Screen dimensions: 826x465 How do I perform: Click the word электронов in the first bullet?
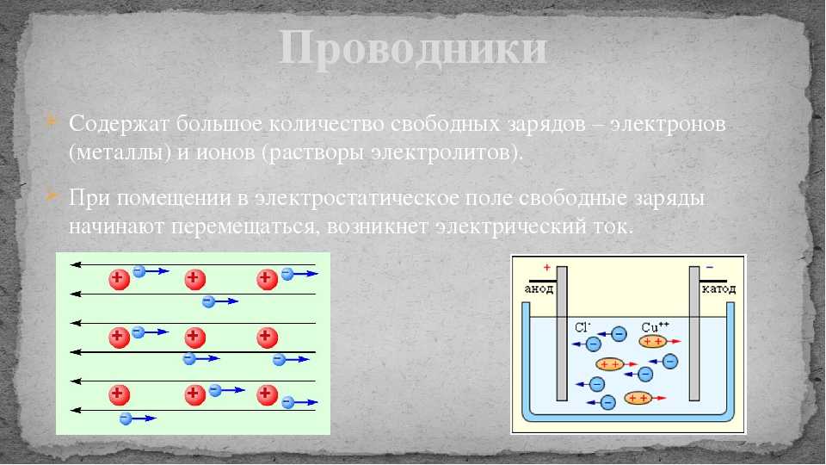[x=668, y=124]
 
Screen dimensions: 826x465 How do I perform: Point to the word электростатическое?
[x=356, y=199]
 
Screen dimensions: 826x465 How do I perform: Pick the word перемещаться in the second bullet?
[x=244, y=227]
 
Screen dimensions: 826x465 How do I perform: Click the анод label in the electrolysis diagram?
[x=539, y=289]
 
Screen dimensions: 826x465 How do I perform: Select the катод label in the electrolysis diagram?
[x=718, y=289]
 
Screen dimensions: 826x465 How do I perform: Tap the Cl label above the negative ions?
[x=583, y=327]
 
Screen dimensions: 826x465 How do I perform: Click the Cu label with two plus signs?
[x=655, y=327]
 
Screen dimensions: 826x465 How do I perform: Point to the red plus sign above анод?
[x=547, y=268]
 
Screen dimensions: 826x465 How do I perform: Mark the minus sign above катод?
[x=710, y=267]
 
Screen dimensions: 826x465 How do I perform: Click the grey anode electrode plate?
[x=562, y=333]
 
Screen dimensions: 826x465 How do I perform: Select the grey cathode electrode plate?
[x=694, y=333]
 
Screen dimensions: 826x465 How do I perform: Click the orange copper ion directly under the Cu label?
[x=653, y=342]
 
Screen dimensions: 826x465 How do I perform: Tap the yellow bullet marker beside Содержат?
[x=51, y=121]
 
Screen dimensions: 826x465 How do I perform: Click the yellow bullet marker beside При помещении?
[x=51, y=195]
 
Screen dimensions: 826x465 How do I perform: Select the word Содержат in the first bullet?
[x=119, y=124]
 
